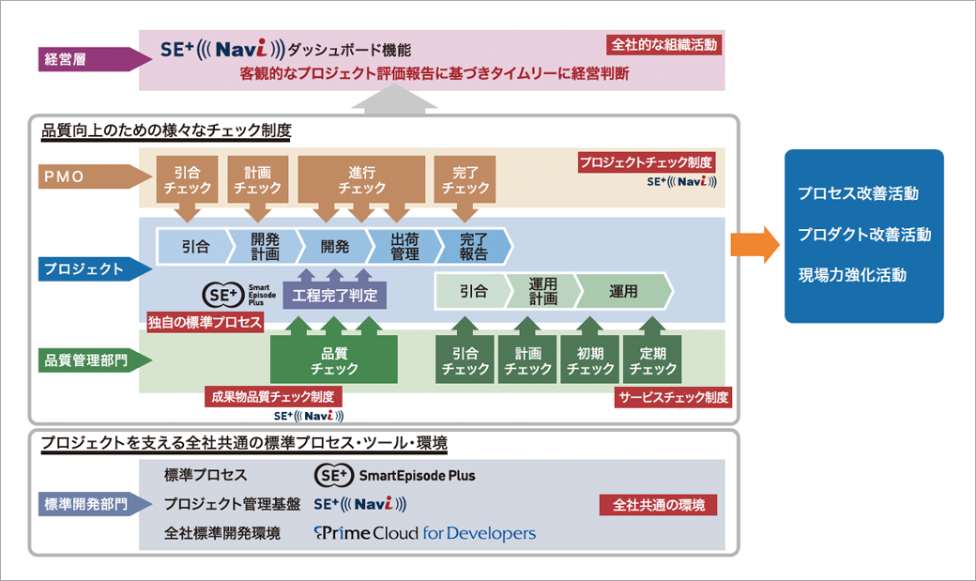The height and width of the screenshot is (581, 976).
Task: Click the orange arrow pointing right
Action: pyautogui.click(x=755, y=245)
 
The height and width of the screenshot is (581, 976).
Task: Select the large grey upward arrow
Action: pyautogui.click(x=398, y=99)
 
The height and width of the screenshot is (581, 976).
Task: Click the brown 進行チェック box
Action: pyautogui.click(x=361, y=179)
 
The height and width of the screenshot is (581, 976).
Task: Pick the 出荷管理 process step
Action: pyautogui.click(x=403, y=246)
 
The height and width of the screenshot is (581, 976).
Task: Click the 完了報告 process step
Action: pyautogui.click(x=474, y=246)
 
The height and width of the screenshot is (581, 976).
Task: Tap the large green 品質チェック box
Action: pyautogui.click(x=334, y=360)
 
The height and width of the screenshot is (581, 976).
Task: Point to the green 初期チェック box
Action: pyautogui.click(x=589, y=360)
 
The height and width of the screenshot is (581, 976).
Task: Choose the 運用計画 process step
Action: pyautogui.click(x=541, y=291)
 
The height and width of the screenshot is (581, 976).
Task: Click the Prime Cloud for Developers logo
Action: pyautogui.click(x=425, y=533)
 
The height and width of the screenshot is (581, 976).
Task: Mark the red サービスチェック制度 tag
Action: pyautogui.click(x=673, y=397)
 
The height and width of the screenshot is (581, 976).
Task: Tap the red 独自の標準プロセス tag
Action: pyautogui.click(x=205, y=321)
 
